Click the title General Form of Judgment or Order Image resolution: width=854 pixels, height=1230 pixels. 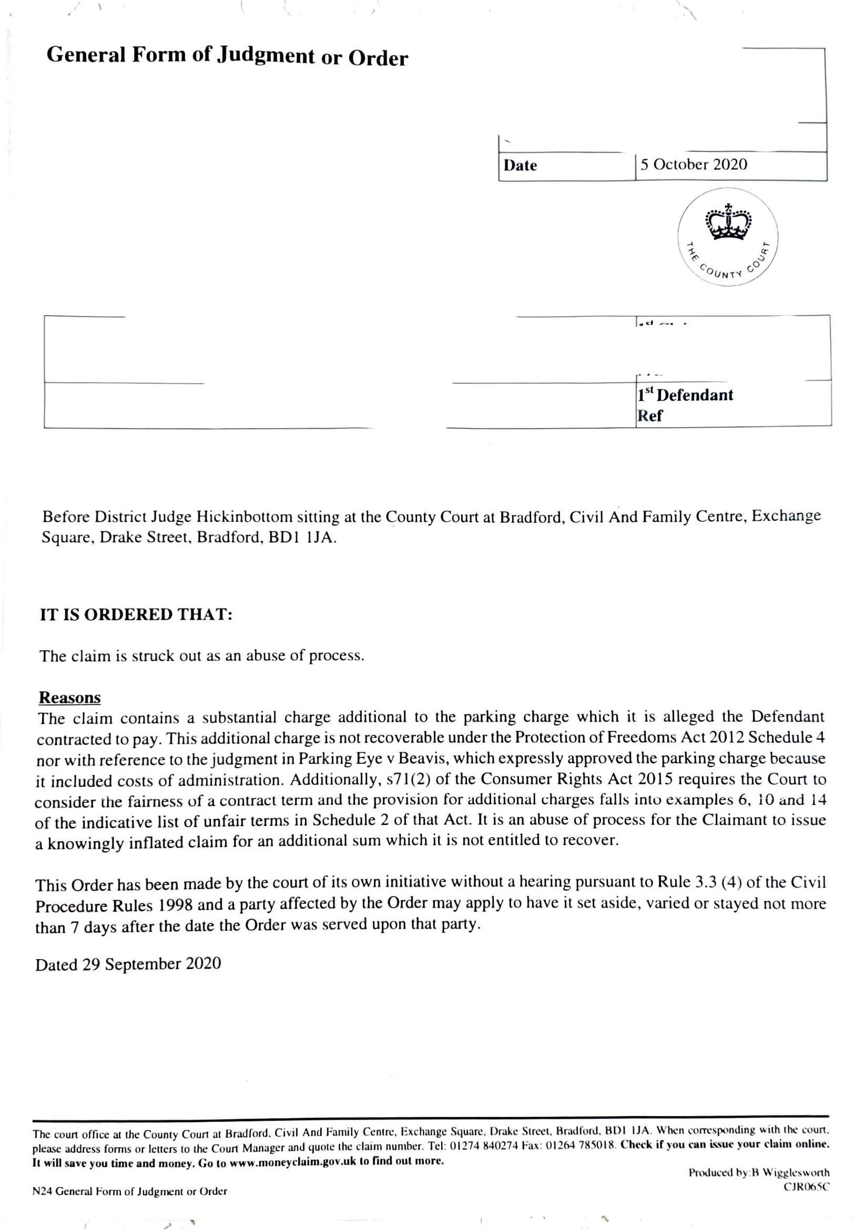227,56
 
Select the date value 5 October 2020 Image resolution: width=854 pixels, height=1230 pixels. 694,164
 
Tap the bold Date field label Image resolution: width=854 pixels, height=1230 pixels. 520,165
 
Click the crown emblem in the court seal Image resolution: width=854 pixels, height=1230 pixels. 728,221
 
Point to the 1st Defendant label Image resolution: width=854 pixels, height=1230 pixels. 685,395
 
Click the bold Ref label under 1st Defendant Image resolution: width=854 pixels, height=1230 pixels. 649,416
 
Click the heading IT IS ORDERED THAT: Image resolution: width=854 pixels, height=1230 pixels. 136,614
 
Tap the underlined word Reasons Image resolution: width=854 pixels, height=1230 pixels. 69,698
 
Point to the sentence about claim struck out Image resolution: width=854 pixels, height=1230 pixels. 202,656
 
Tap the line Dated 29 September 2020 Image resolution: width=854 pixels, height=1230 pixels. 128,964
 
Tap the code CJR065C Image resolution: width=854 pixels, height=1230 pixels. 807,1187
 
